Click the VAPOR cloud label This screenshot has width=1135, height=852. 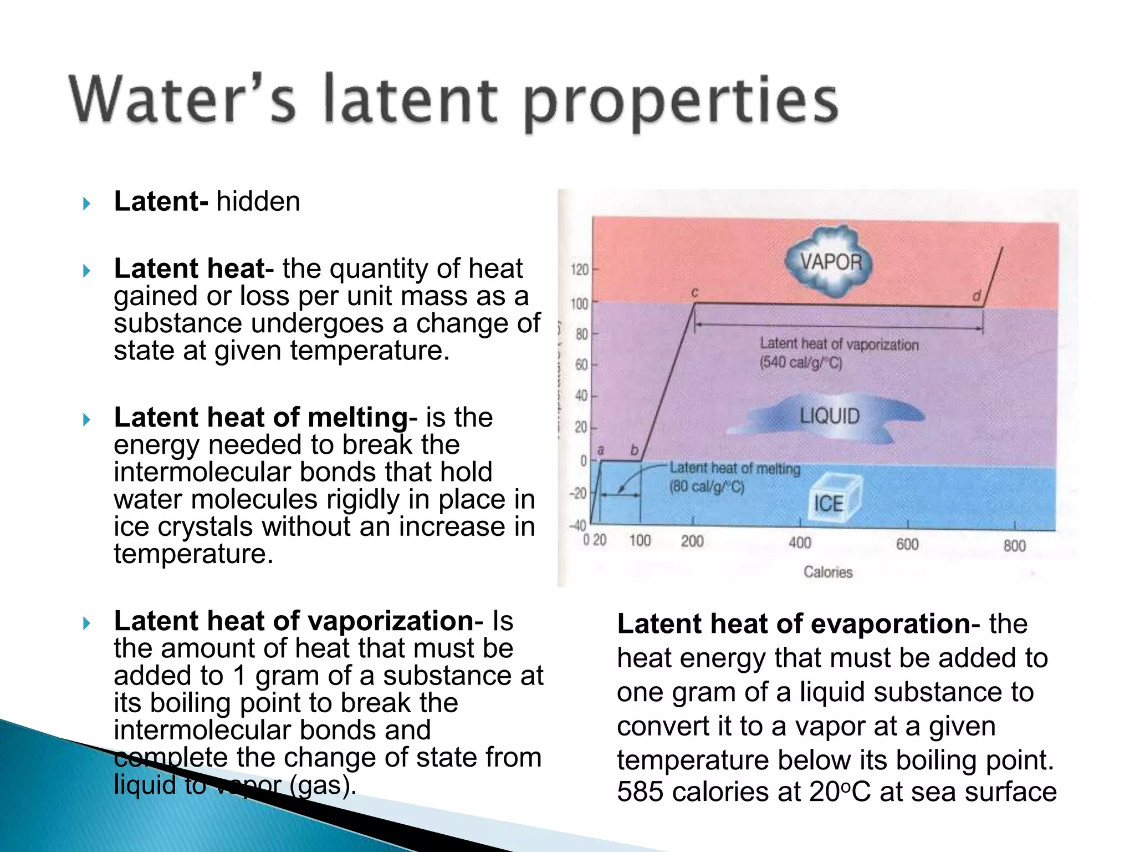tap(830, 262)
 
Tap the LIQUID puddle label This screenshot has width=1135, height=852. tap(829, 416)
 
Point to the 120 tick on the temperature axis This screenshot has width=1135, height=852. tap(579, 270)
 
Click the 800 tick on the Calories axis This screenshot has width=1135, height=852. tap(1014, 546)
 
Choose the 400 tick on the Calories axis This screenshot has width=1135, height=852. tap(800, 542)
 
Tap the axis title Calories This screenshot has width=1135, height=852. tap(828, 572)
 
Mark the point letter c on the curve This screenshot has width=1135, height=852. tap(694, 292)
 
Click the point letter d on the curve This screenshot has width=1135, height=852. tap(976, 296)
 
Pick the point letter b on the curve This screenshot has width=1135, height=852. tap(635, 450)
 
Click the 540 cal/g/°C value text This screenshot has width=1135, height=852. tap(801, 363)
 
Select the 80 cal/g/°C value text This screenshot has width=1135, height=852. tap(707, 487)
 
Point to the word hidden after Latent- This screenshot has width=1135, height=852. tap(258, 201)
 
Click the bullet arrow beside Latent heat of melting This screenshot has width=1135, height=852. tap(86, 419)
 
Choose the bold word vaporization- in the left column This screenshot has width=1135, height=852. tap(396, 621)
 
